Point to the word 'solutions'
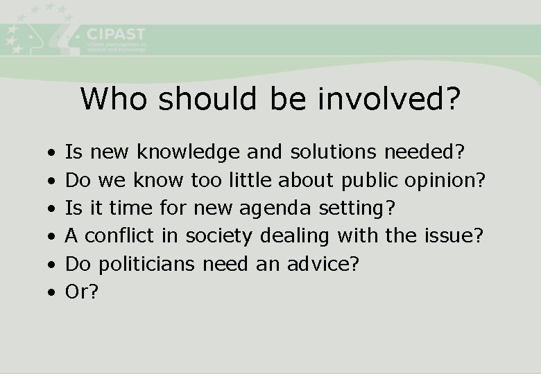coord(334,152)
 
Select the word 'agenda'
coord(271,208)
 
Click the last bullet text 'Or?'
coord(82,292)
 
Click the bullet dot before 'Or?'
coord(51,293)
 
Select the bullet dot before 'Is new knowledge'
coord(51,152)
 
